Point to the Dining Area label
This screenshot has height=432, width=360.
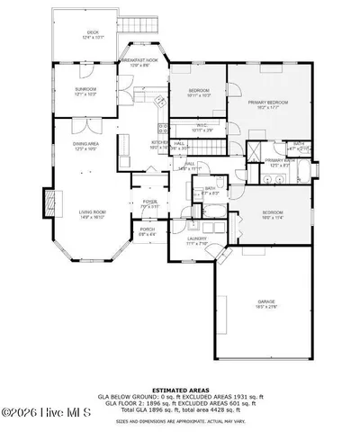tap(85, 144)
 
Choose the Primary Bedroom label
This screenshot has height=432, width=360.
tap(271, 103)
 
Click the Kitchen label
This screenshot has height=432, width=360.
tap(160, 143)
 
